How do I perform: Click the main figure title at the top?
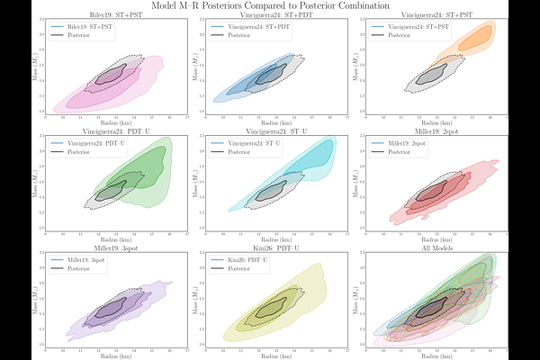pos(270,6)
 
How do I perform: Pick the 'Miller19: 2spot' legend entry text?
pos(416,143)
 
